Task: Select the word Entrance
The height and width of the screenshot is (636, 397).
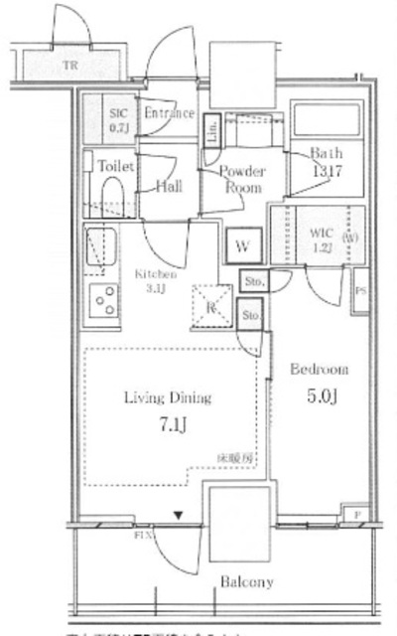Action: pyautogui.click(x=168, y=113)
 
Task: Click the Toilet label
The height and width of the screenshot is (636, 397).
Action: pyautogui.click(x=115, y=168)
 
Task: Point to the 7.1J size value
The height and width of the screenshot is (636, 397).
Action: pyautogui.click(x=168, y=427)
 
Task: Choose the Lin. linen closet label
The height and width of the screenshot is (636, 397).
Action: pyautogui.click(x=211, y=130)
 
